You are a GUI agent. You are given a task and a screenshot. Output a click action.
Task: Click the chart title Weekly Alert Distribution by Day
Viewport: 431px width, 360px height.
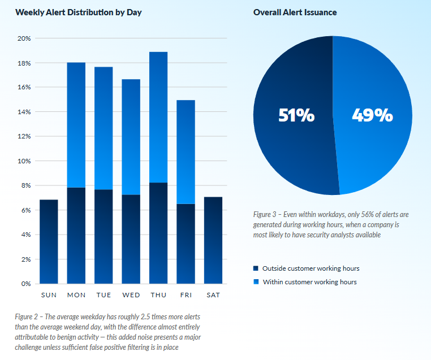79,12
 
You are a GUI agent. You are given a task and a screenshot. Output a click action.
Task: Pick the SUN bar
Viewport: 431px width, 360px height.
49,241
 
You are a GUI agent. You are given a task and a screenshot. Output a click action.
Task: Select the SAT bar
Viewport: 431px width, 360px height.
213,240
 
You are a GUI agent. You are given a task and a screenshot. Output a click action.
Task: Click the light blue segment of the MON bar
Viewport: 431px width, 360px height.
76,124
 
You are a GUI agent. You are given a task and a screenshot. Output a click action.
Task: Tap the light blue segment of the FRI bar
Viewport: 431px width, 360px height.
186,151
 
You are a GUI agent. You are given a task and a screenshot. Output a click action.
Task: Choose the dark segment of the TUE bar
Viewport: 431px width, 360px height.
104,236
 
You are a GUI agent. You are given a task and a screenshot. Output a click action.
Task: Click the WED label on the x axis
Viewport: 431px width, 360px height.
131,295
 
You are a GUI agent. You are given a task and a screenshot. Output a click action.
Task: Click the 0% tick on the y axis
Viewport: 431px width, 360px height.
25,284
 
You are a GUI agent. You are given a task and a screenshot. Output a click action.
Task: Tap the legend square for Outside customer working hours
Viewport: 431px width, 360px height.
256,268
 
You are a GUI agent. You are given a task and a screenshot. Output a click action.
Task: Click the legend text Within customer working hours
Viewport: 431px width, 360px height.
309,281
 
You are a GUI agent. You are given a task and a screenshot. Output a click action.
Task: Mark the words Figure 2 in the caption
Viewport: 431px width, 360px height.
29,317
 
